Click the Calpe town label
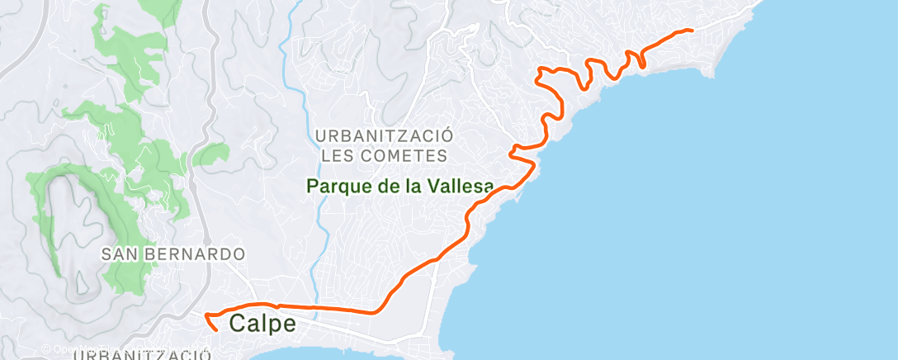(x=262, y=324)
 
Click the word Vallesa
(x=461, y=187)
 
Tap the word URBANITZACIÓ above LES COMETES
(x=384, y=135)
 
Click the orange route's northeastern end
(x=691, y=31)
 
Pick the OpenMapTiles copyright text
(x=62, y=349)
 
